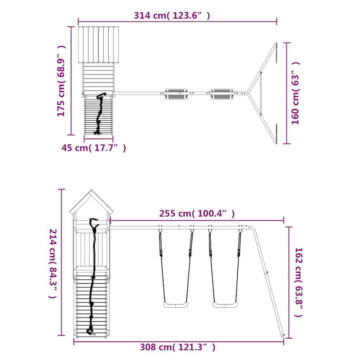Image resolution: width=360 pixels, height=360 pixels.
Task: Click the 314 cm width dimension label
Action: [172, 15]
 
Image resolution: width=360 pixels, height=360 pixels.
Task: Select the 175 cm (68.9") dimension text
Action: [61, 81]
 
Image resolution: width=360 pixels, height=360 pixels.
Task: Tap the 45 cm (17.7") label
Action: [94, 148]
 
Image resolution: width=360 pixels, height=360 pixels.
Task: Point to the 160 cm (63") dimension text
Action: [295, 93]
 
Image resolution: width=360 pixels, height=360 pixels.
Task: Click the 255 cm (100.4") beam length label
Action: [197, 213]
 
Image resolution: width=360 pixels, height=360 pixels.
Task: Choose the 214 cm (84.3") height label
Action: [53, 264]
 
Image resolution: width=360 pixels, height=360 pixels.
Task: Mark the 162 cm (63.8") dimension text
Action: [299, 282]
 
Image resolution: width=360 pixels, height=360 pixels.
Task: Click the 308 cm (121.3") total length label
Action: [178, 347]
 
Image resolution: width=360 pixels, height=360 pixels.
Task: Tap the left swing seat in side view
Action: [176, 305]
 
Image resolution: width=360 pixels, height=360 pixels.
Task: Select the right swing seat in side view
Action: [225, 305]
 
